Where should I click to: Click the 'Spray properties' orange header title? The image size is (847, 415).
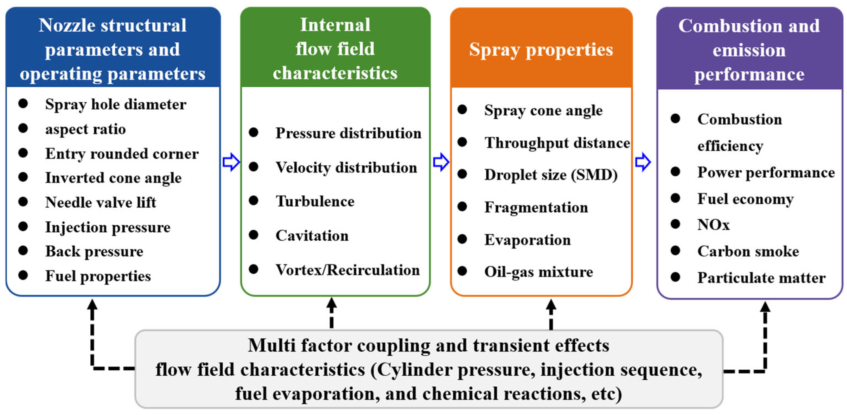coord(541,50)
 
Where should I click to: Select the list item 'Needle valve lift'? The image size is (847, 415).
coord(101,202)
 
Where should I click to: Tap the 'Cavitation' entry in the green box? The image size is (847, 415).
coord(312,236)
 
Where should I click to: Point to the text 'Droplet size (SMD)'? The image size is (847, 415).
coord(551,175)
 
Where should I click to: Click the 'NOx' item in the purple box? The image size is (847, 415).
coord(713,225)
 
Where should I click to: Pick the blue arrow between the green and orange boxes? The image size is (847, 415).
coord(441,162)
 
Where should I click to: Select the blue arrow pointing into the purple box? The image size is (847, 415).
coord(643,162)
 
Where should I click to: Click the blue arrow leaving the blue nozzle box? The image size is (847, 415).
coord(231,162)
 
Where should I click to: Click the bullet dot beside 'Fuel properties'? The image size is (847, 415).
coord(23,275)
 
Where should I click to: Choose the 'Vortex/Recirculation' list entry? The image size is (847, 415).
coord(348,270)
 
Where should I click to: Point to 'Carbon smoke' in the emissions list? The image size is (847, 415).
coord(748,251)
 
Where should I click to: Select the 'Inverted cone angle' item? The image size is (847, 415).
coord(113,178)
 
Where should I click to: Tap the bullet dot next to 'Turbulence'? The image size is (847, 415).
coord(254,200)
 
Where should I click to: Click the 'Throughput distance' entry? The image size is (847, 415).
coord(557,143)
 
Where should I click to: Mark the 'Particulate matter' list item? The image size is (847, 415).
coord(762,278)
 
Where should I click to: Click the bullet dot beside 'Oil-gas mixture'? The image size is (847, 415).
coord(462,271)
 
